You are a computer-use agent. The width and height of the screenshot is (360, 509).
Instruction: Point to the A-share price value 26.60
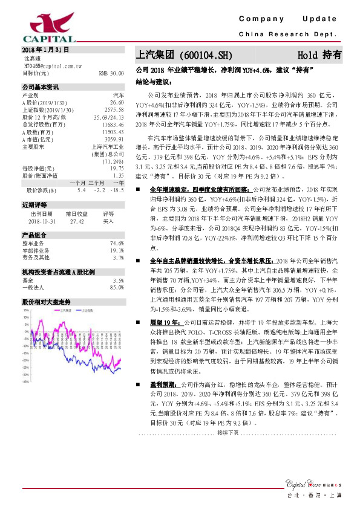point(116,103)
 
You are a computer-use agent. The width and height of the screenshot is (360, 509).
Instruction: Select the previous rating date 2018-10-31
point(42,221)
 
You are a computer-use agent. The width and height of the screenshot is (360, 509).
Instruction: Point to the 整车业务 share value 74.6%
point(116,243)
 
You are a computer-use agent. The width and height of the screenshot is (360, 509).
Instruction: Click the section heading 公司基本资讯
point(40,88)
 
